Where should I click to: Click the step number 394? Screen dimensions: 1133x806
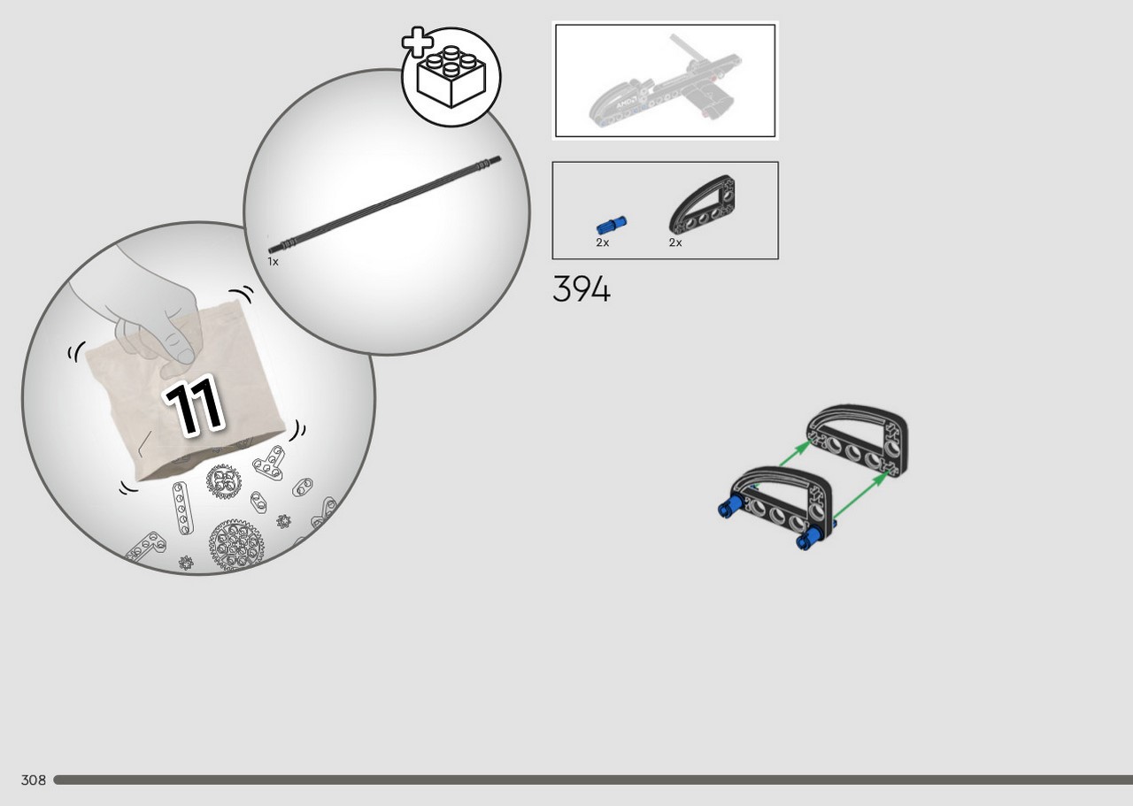[x=582, y=289]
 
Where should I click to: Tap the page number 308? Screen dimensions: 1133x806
[x=34, y=780]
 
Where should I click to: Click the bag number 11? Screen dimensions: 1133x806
[x=194, y=405]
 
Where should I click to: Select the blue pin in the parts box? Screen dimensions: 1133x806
[x=612, y=225]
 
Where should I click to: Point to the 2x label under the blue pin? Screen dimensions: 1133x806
[x=603, y=242]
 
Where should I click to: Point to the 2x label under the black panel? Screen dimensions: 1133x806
[x=675, y=242]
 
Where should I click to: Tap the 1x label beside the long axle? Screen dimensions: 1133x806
[x=274, y=261]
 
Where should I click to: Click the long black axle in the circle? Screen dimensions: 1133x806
[x=384, y=204]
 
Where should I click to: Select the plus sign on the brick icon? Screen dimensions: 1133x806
[x=418, y=42]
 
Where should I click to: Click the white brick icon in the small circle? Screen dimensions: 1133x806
[x=451, y=77]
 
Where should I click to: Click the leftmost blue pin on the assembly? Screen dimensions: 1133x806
[x=730, y=506]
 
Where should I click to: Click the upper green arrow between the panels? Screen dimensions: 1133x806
[x=795, y=453]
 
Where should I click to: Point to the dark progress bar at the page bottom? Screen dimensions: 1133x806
[x=593, y=780]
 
